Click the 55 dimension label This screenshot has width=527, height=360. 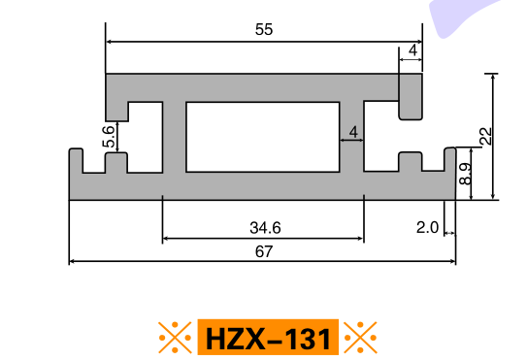tap(264, 29)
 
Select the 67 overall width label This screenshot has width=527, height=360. tap(264, 251)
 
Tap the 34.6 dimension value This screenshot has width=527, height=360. tap(265, 228)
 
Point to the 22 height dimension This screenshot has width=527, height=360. tap(486, 136)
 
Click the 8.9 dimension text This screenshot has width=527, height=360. tap(465, 174)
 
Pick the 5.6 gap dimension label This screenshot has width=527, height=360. tap(109, 137)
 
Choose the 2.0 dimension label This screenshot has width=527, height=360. tap(427, 228)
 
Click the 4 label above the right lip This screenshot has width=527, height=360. tap(413, 50)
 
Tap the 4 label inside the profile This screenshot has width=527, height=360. tap(353, 132)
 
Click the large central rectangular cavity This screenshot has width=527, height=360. tap(263, 137)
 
